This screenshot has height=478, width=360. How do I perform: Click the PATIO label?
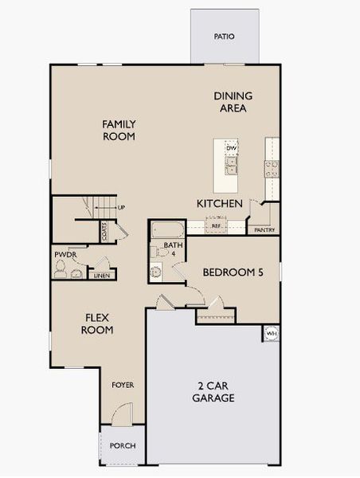[x=225, y=37]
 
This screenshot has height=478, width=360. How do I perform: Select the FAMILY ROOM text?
[x=119, y=130]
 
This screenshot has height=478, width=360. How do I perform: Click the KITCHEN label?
[x=219, y=204]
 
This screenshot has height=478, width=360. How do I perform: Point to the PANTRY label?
[x=264, y=229]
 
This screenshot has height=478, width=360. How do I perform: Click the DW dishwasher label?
[x=231, y=149]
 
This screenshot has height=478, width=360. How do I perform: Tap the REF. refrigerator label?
[x=216, y=226]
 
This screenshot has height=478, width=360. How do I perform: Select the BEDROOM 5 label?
[x=232, y=272]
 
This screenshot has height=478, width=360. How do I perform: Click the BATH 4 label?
[x=173, y=249]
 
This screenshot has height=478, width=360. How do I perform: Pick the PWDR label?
[x=65, y=255]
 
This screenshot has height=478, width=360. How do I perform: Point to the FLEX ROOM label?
[x=99, y=323]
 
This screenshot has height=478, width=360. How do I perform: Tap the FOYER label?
[x=122, y=385]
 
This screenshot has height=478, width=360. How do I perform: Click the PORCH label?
[x=122, y=445]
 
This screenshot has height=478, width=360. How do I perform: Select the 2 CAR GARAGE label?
[x=214, y=392]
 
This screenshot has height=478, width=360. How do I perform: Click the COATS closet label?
[x=104, y=231]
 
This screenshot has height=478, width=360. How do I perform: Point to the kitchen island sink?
[x=231, y=166]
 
